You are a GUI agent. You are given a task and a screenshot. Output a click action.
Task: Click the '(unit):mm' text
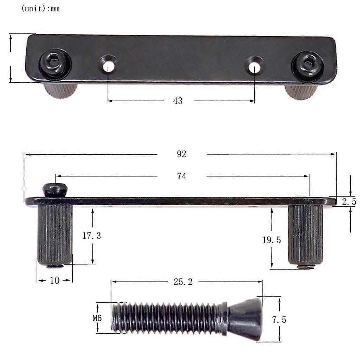[40, 9]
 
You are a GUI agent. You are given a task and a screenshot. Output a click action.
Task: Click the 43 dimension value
[178, 101]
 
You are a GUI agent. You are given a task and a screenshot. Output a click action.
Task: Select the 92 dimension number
[181, 154]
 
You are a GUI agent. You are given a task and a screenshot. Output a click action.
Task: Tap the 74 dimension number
[181, 176]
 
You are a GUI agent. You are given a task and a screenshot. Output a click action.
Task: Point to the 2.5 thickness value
[349, 202]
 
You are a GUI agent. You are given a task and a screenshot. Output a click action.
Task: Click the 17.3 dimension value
[91, 236]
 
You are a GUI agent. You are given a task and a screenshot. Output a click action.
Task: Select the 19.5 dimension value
[271, 240]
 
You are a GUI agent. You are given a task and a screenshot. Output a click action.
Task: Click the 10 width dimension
[55, 281]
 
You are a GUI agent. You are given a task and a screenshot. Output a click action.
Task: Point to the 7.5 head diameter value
[279, 320]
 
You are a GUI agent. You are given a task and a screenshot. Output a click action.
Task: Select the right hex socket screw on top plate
[308, 64]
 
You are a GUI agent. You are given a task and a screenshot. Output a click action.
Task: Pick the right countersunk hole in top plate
[254, 65]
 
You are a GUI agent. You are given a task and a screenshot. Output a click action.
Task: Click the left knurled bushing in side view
[55, 234]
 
